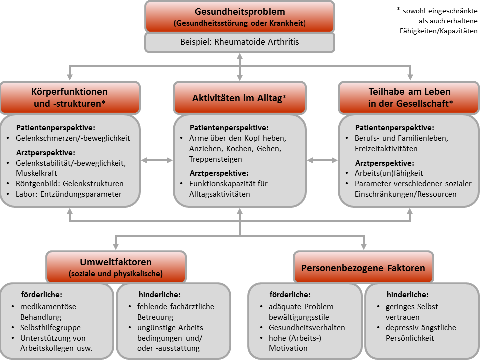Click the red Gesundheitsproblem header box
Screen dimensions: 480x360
pos(240,17)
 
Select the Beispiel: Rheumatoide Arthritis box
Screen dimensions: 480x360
pos(240,42)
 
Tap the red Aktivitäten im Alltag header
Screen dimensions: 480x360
pos(240,98)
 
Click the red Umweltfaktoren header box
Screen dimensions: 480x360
pos(116,267)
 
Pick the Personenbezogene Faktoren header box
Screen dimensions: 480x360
pos(363,267)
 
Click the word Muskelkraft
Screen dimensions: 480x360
pos(36,173)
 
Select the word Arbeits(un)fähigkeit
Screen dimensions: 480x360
pos(389,173)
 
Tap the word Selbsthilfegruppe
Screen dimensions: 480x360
pos(51,328)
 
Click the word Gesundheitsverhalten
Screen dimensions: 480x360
pos(307,328)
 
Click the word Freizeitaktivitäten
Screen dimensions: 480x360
pos(386,149)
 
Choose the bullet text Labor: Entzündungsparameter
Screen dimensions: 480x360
pos(69,194)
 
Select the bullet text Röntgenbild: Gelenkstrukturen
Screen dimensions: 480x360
pos(70,184)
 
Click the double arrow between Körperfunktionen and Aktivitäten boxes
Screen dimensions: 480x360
pos(157,160)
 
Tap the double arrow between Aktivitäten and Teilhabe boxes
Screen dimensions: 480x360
pos(322,160)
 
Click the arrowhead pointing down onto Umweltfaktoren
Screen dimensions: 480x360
pos(116,246)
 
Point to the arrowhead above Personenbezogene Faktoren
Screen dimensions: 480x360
pos(364,246)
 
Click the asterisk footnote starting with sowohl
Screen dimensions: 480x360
pos(437,21)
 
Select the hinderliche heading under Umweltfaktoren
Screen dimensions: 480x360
pos(160,295)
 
